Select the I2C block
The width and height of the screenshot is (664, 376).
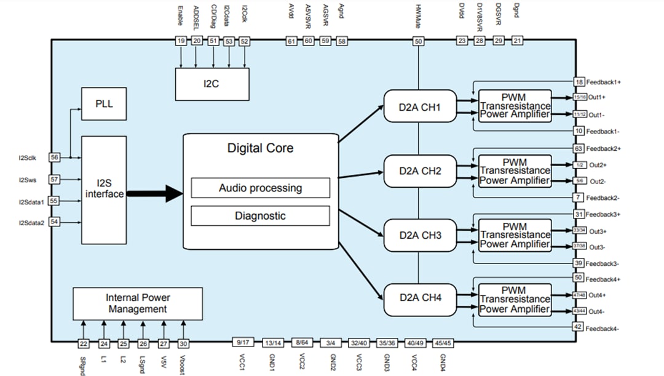click(212, 84)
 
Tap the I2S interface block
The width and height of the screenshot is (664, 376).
click(103, 190)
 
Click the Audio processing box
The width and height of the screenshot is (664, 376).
click(260, 188)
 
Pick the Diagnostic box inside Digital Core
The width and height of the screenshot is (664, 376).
click(260, 216)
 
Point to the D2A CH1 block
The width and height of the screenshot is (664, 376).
click(419, 107)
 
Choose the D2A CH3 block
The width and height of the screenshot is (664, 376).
click(419, 235)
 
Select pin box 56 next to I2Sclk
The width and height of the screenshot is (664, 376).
click(54, 158)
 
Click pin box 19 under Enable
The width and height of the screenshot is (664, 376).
click(181, 41)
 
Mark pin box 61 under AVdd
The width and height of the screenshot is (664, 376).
click(291, 41)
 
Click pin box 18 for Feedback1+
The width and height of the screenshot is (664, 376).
click(579, 82)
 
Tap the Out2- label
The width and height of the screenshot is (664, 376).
click(598, 182)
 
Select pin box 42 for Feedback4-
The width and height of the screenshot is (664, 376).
click(579, 327)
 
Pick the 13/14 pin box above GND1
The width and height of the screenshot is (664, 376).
click(271, 343)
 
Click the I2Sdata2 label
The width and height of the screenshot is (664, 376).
click(31, 222)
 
